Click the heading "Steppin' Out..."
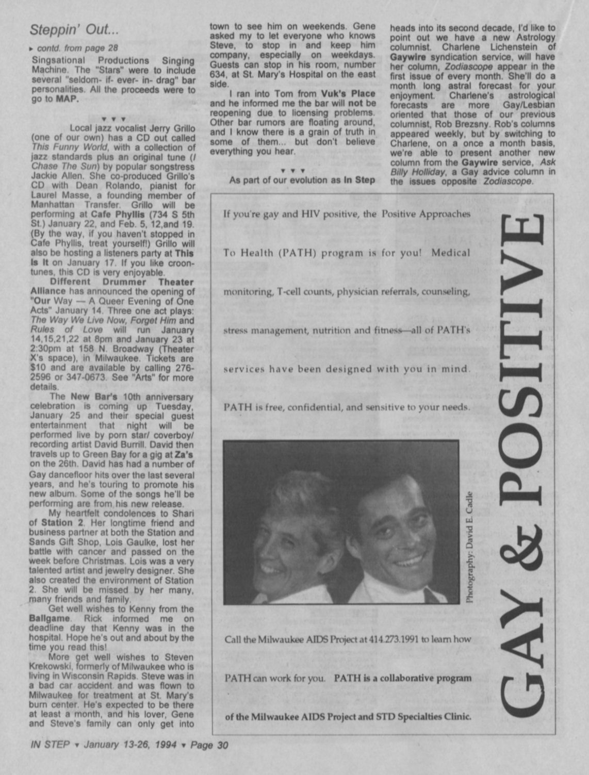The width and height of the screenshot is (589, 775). [x=74, y=29]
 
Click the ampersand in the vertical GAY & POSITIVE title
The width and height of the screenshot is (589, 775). [x=520, y=537]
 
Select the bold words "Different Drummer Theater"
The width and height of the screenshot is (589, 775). [x=122, y=282]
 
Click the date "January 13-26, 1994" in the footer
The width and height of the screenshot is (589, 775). [x=130, y=745]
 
